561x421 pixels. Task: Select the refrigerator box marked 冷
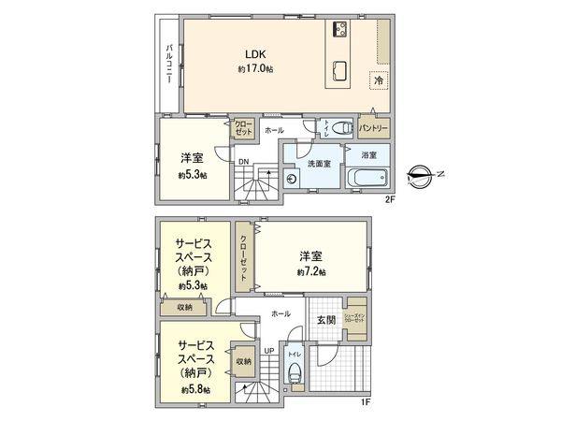pyautogui.click(x=379, y=80)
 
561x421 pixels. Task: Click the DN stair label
pyautogui.click(x=242, y=162)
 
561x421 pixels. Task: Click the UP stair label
pyautogui.click(x=268, y=351)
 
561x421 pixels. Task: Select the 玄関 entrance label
pyautogui.click(x=324, y=321)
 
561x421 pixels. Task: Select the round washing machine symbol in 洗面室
pyautogui.click(x=291, y=179)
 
